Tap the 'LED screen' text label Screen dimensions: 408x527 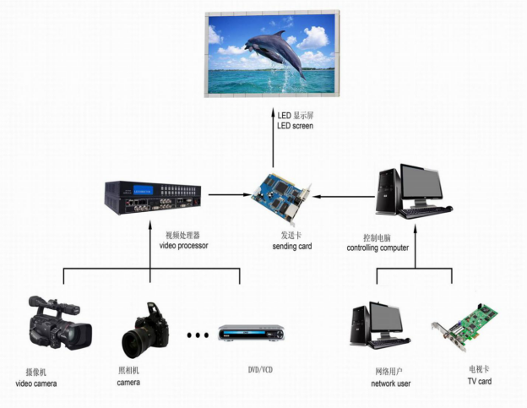pyautogui.click(x=295, y=126)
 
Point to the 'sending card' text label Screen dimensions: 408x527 pyautogui.click(x=292, y=247)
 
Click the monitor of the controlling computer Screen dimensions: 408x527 pyautogui.click(x=420, y=186)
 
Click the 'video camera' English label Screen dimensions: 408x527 pyautogui.click(x=36, y=384)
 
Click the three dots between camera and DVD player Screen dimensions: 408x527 pyautogui.click(x=197, y=335)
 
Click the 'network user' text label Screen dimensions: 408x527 pyautogui.click(x=390, y=384)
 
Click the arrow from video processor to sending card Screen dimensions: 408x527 pyautogui.click(x=228, y=195)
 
